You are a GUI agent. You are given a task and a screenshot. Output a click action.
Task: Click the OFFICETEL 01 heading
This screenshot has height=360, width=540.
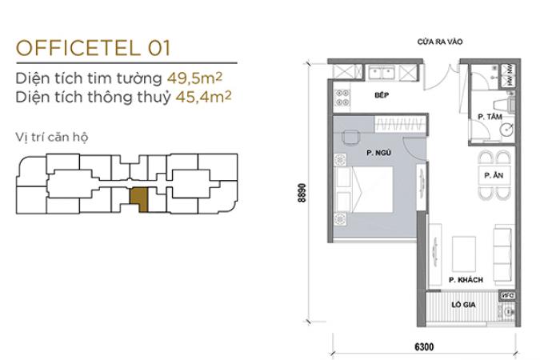coord(94,48)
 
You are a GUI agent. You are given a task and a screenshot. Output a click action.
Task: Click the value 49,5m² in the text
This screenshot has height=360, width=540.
coord(194,78)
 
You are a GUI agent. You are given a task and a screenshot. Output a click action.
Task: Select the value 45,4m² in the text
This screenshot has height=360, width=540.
coord(203,97)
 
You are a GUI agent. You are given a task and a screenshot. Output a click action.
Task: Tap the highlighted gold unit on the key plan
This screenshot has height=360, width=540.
coord(138,198)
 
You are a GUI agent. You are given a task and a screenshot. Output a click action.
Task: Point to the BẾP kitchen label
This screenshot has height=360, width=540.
coord(382,95)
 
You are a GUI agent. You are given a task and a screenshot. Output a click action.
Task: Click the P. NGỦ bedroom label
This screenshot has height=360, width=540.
coord(378,153)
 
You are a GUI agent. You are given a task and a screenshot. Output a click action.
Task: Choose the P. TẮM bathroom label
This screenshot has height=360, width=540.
coord(490,117)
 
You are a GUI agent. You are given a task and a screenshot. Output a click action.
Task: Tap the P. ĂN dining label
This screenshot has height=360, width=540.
coord(494,175)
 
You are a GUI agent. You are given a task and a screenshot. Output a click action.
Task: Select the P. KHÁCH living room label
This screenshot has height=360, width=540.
coord(466,280)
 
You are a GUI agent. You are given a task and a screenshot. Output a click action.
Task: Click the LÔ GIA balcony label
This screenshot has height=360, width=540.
coord(463,305)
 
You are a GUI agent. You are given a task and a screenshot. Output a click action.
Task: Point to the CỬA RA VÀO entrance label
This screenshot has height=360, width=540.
coord(440,42)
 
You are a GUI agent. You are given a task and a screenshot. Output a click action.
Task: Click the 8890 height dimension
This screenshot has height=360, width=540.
coord(302,193)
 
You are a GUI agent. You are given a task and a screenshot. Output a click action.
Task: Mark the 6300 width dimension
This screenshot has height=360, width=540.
coord(424,346)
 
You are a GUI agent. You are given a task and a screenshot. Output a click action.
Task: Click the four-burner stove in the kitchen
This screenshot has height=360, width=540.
coord(342,98)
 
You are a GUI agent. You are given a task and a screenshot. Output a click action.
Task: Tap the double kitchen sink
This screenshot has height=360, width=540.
coord(382,72)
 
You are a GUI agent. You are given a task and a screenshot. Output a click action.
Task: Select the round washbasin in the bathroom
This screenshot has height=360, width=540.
coord(507,130)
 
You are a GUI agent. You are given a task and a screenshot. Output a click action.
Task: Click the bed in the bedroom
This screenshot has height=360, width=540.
coord(364,189)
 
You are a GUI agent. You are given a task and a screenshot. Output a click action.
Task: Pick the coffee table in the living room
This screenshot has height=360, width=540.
coord(463,254)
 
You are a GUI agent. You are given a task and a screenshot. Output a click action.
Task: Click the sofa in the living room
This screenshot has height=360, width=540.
coord(504,254)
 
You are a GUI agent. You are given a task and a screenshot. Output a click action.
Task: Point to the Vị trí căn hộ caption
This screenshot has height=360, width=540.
coord(52,137)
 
